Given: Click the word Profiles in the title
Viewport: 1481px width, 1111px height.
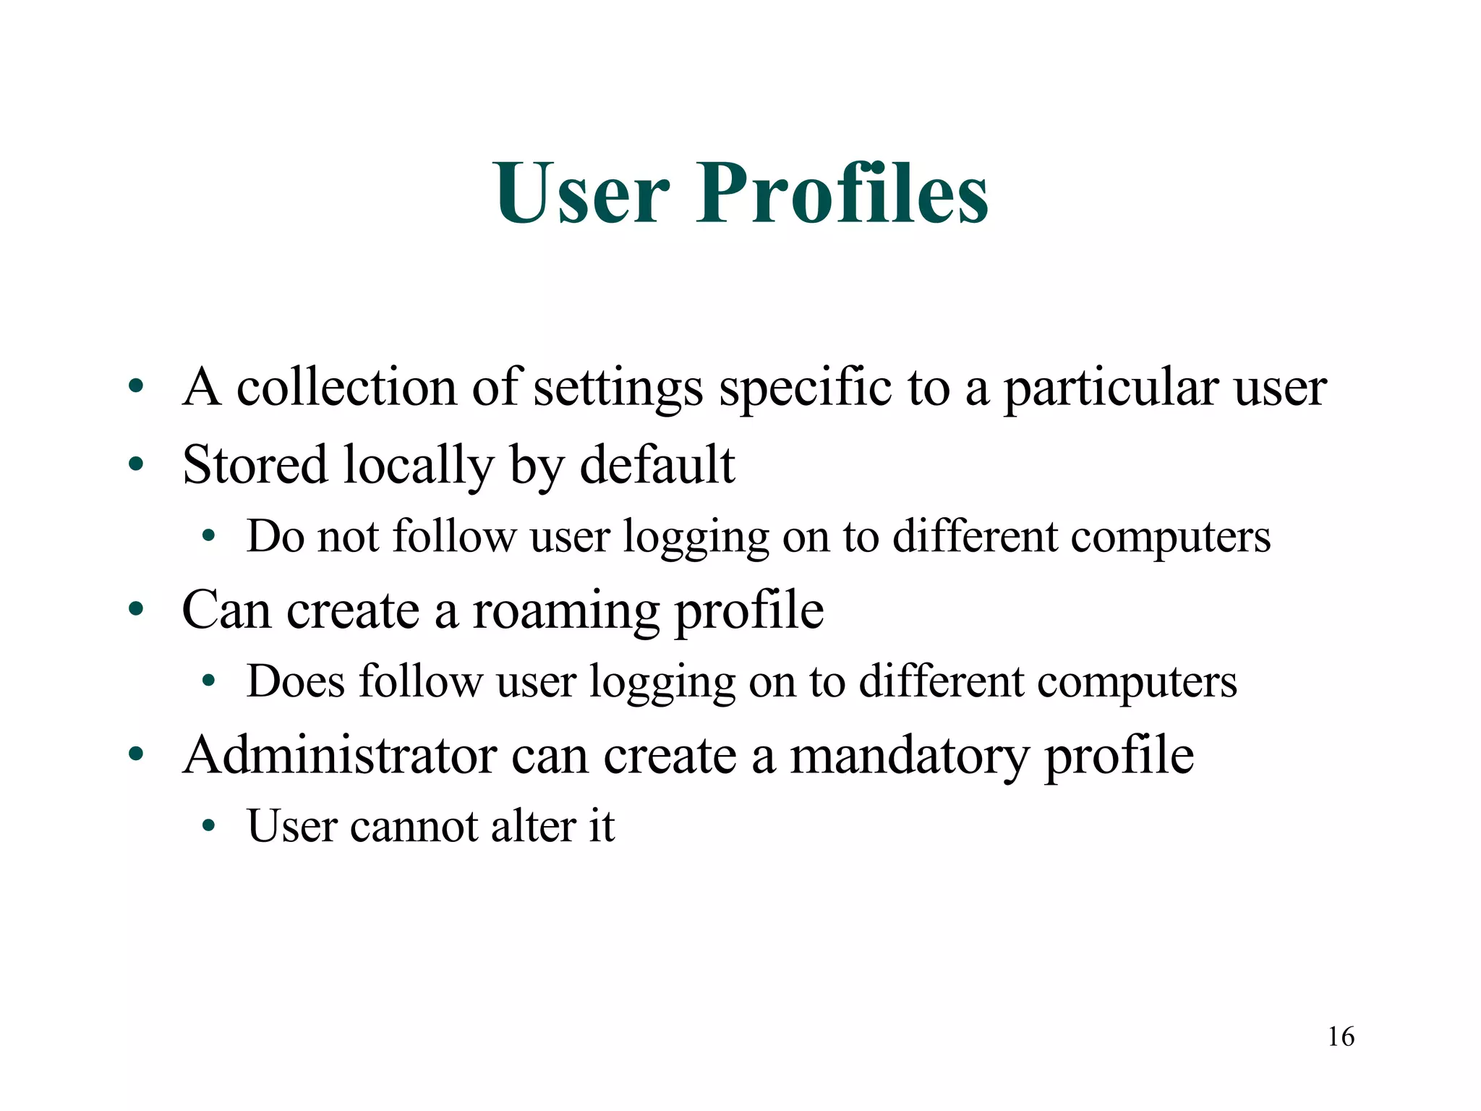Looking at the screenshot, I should click(842, 194).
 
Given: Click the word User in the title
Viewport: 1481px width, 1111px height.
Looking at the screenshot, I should click(582, 194).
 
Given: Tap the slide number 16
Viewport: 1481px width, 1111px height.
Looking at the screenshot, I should click(1341, 1036).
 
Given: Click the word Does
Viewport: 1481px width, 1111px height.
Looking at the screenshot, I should click(295, 681).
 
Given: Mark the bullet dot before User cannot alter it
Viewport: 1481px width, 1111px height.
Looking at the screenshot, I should click(209, 827).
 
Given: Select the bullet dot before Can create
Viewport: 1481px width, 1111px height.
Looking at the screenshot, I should click(136, 610).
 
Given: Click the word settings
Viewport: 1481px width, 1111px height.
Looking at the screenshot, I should click(618, 388).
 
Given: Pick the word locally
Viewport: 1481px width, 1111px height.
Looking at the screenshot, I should click(418, 465).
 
